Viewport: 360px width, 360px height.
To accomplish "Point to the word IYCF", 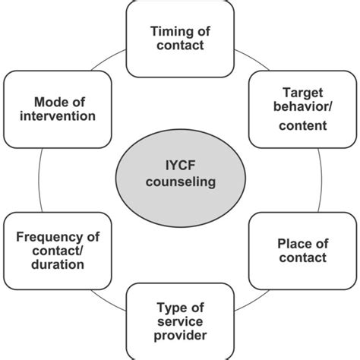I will (x=180, y=165).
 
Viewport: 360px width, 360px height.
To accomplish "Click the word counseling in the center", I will (x=180, y=183).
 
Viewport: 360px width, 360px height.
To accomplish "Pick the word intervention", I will (x=54, y=116).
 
